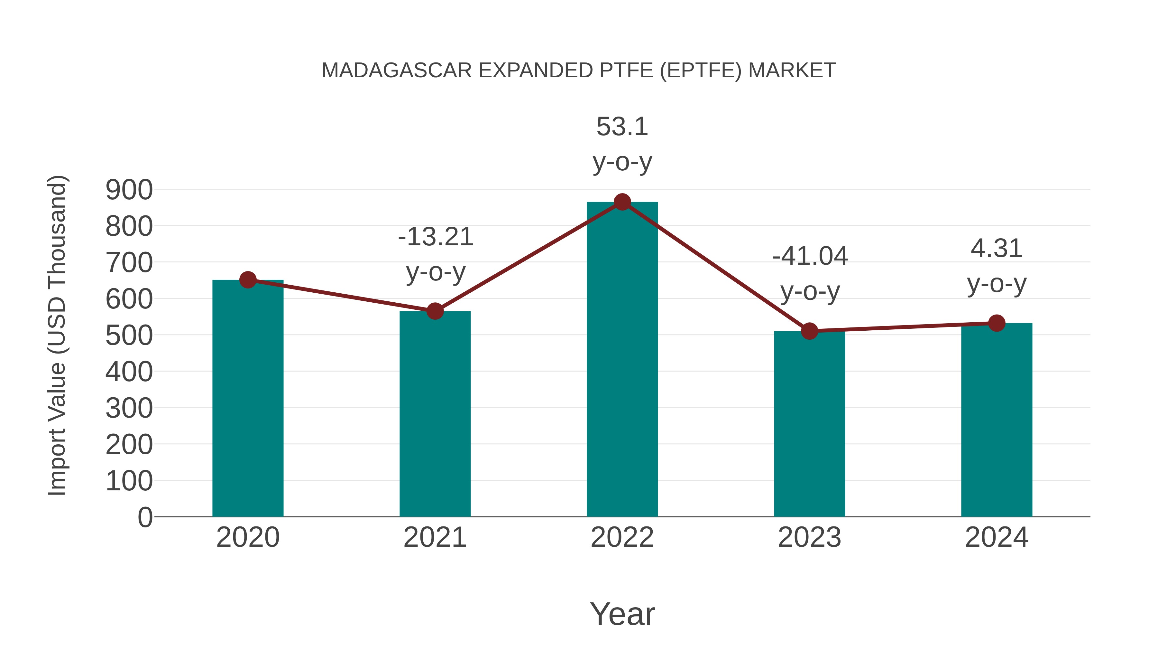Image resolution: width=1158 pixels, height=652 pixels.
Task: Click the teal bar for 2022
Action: coord(622,360)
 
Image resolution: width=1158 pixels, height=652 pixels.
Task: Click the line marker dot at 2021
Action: coord(435,311)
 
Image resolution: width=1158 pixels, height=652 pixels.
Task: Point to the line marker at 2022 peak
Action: coord(622,202)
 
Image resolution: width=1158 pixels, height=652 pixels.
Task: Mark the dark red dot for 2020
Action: coord(248,280)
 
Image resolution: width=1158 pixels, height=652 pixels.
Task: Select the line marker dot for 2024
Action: coord(997,323)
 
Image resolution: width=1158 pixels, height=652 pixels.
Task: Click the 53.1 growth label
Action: coord(622,127)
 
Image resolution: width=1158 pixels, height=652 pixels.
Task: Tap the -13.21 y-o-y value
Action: coord(436,237)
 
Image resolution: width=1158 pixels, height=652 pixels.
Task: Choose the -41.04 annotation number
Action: coord(810,257)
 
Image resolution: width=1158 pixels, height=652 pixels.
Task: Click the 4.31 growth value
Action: coord(997,248)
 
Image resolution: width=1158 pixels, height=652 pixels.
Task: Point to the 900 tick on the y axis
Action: coord(129,190)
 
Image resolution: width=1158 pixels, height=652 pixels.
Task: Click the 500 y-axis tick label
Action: coord(129,336)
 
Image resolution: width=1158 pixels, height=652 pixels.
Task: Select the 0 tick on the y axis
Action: coord(145,517)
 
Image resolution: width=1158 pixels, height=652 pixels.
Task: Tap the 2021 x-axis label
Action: coord(435,537)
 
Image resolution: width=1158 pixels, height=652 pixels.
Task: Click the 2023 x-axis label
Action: coord(809,537)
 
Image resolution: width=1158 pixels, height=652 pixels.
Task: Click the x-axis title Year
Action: coord(622,614)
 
